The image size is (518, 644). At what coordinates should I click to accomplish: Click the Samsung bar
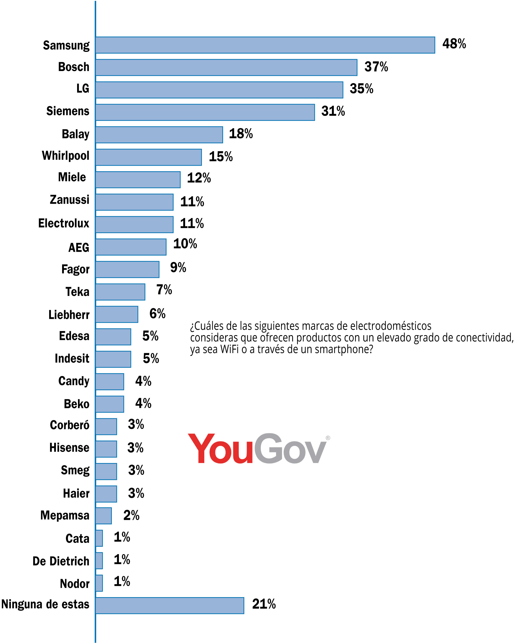click(265, 45)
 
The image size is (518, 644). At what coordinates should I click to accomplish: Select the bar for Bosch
click(226, 67)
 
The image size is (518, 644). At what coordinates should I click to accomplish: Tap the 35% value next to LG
click(361, 89)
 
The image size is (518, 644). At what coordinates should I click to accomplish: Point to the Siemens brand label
click(68, 111)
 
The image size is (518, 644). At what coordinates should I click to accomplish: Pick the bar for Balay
click(159, 135)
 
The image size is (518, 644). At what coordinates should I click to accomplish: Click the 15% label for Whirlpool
click(220, 157)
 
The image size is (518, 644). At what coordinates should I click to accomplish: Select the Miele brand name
click(72, 177)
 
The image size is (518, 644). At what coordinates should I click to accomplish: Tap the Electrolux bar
click(134, 224)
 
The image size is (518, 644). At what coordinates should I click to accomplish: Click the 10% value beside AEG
click(185, 244)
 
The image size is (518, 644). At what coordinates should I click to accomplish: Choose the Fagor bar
click(127, 269)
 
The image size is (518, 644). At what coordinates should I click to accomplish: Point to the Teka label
click(77, 292)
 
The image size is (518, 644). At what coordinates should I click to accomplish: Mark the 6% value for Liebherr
click(157, 314)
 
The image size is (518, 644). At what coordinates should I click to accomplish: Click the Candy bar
click(110, 382)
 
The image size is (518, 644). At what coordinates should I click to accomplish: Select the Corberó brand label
click(69, 425)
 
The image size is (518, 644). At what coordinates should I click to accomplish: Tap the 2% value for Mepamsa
click(131, 515)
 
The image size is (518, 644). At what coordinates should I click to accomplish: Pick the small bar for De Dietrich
click(99, 561)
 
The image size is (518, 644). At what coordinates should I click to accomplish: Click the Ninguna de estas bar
click(170, 605)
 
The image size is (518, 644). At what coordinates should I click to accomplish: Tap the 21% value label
click(264, 604)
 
